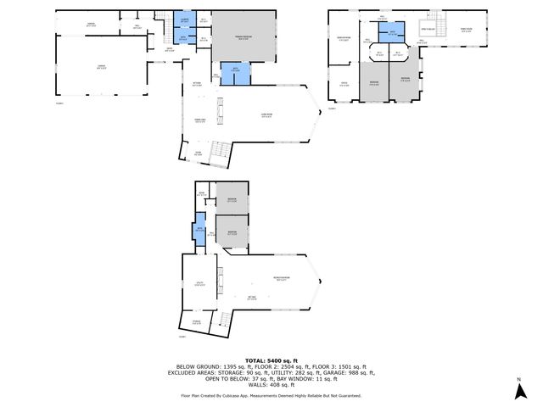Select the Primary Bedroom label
pos(243,36)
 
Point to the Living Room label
pos(266,116)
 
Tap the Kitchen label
pos(197,84)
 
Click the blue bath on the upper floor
pos(391,35)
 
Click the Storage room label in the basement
pos(196,321)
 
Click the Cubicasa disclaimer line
pos(271,395)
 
